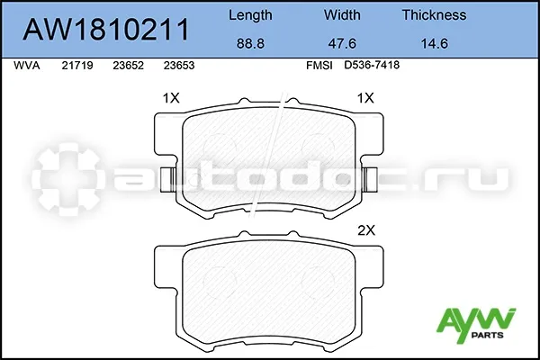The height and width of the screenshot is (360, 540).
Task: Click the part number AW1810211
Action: point(105,30)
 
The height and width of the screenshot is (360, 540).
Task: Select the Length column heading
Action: point(250,15)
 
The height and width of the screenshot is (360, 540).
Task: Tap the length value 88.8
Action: point(250,44)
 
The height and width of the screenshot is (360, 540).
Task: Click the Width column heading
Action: point(342,14)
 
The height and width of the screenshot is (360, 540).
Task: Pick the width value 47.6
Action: point(342,44)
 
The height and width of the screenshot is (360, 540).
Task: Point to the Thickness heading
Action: point(435,14)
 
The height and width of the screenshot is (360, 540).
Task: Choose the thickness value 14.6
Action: point(435,44)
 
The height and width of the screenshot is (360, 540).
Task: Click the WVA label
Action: point(26,66)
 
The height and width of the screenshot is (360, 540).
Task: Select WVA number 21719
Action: point(77,66)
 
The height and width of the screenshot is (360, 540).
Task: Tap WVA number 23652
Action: point(128,66)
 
